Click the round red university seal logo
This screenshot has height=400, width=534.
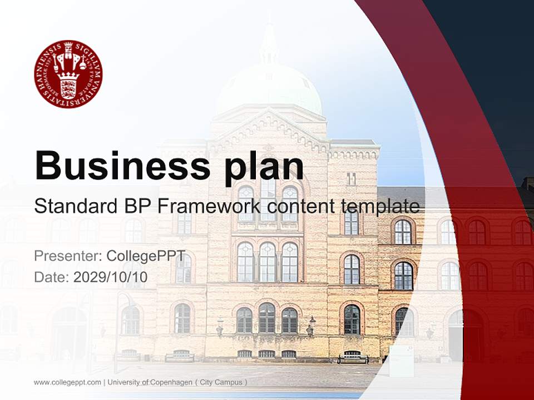[68, 74]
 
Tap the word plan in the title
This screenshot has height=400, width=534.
[264, 168]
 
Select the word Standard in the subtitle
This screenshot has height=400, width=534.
[76, 206]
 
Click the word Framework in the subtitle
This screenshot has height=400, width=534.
[209, 206]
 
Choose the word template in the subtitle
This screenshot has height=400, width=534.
[380, 207]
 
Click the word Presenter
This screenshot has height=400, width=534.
[68, 256]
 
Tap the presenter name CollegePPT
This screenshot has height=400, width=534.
[146, 256]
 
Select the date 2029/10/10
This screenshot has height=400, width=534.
[110, 277]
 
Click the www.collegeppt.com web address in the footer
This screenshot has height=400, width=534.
[67, 382]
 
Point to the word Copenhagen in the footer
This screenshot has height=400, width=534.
[171, 382]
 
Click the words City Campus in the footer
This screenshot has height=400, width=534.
[221, 382]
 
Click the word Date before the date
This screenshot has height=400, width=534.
[52, 277]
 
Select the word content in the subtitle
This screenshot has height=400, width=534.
[301, 207]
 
